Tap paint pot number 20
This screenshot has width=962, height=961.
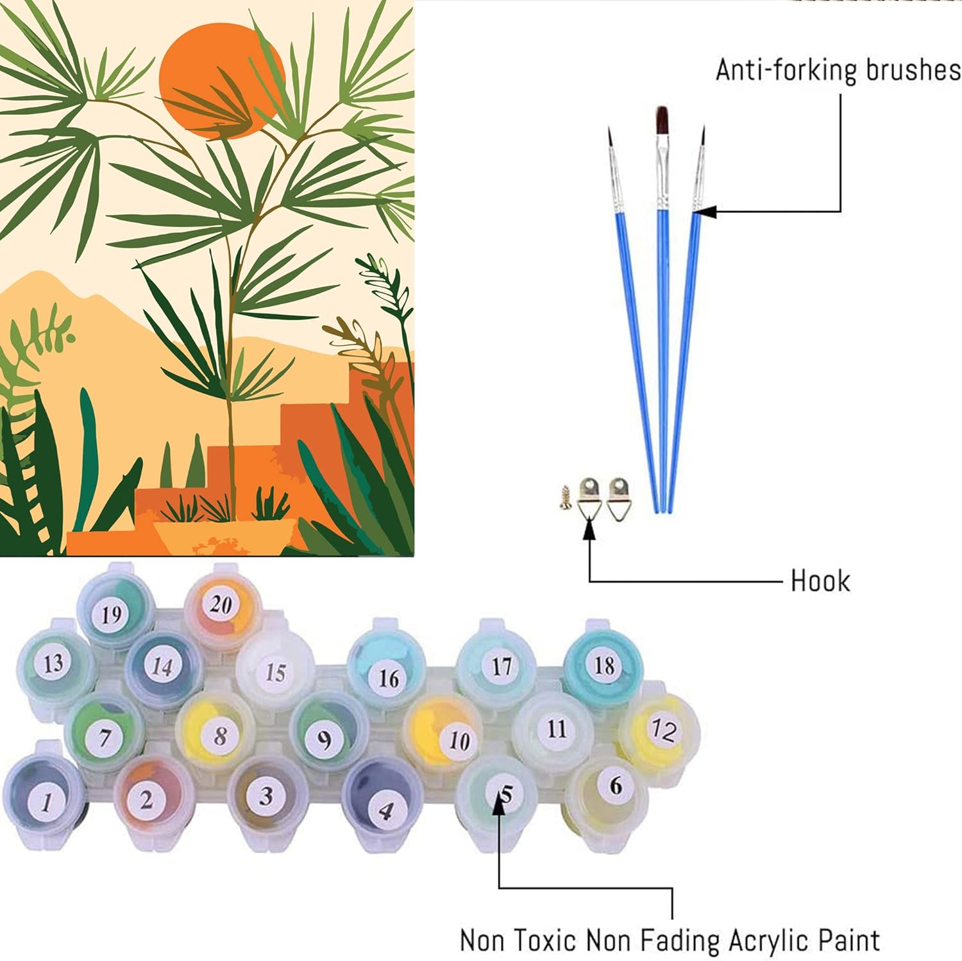click(x=221, y=604)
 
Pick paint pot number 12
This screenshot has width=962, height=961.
click(x=663, y=730)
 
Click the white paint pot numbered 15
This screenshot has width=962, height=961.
click(x=275, y=672)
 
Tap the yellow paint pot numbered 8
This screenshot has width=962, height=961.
click(x=219, y=735)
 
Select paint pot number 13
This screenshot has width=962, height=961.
click(x=54, y=663)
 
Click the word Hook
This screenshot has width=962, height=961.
click(x=820, y=581)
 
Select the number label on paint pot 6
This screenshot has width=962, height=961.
click(x=615, y=785)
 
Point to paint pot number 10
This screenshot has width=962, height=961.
click(x=458, y=740)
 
